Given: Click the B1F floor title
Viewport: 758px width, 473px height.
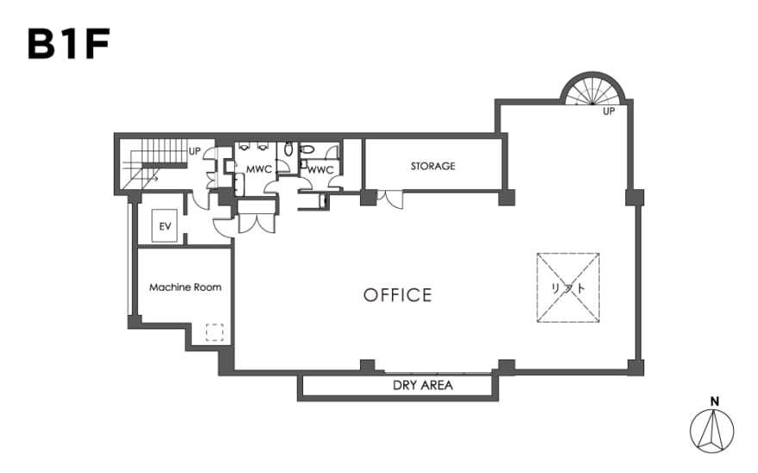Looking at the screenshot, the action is tap(69, 44).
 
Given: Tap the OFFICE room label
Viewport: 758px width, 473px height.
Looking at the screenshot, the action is tap(397, 295).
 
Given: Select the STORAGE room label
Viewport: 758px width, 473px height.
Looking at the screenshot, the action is tap(432, 166).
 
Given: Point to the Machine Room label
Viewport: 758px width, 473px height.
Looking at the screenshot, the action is tap(185, 287).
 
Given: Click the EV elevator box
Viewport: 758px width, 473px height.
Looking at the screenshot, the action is tap(165, 226).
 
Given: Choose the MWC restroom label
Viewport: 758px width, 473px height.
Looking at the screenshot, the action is tap(259, 169).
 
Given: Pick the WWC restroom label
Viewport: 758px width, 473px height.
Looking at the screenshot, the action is tap(320, 170).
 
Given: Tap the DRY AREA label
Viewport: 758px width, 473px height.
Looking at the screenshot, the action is tap(423, 385).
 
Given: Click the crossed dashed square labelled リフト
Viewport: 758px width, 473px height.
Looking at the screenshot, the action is tap(568, 287).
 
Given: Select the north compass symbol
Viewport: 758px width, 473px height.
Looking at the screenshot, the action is tap(711, 432).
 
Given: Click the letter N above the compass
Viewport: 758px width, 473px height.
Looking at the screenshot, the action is tap(714, 401).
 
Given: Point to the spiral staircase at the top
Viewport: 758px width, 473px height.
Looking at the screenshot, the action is tap(593, 89).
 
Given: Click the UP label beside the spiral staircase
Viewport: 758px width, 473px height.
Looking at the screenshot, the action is tap(609, 112).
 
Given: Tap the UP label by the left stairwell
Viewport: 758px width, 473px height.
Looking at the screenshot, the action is tap(195, 151).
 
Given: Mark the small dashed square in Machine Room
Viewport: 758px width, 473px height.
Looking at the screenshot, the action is tap(214, 332).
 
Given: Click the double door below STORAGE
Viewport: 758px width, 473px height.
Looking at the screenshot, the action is tap(389, 200).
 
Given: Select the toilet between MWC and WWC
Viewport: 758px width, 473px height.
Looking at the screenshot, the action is tap(289, 149).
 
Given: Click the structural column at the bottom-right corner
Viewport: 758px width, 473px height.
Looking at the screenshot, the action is tap(636, 368).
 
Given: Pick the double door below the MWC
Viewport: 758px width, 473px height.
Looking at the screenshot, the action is tap(256, 224).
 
